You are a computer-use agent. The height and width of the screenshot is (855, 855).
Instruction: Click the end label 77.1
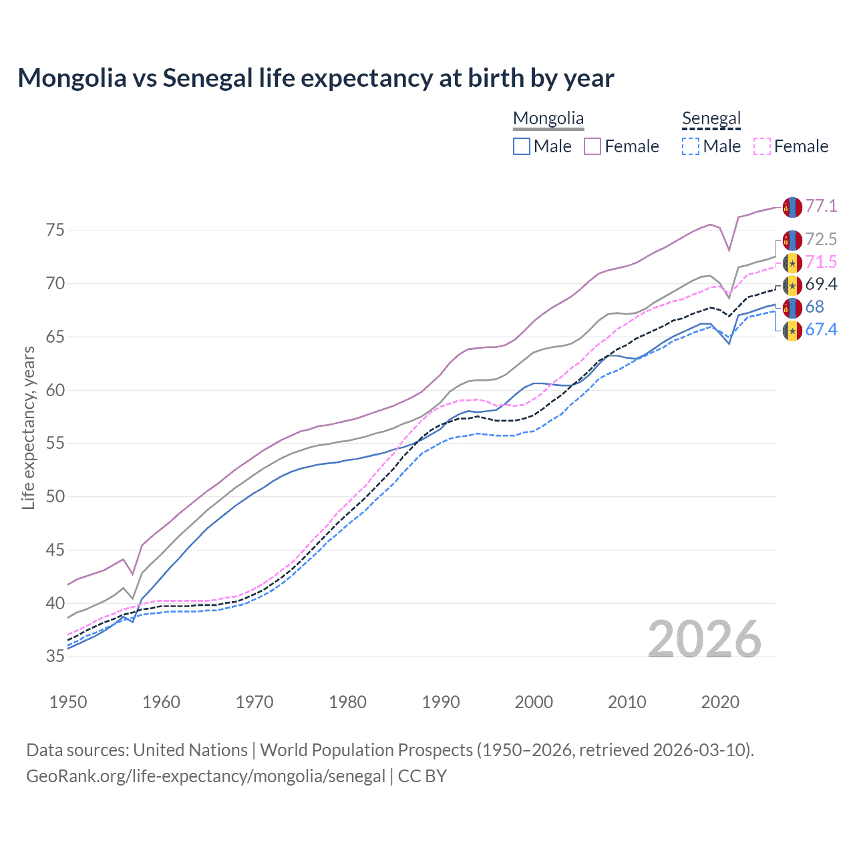click(821, 206)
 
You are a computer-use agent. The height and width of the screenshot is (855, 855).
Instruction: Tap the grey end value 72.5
click(821, 239)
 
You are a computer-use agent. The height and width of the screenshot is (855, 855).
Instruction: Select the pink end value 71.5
click(821, 262)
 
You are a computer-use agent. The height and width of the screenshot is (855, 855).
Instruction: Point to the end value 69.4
click(821, 285)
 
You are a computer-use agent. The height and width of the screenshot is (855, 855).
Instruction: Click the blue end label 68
click(814, 307)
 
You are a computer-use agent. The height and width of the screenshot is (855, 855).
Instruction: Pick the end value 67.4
click(821, 330)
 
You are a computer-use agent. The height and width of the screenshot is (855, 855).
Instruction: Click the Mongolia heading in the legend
click(548, 118)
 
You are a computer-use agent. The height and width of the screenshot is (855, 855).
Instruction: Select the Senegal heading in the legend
click(711, 118)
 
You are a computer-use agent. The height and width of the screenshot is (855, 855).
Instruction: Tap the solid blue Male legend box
click(522, 146)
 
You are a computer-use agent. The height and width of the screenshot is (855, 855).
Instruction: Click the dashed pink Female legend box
click(761, 146)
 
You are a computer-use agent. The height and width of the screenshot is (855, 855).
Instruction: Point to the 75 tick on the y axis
click(55, 230)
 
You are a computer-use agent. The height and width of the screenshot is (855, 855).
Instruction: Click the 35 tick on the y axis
click(55, 657)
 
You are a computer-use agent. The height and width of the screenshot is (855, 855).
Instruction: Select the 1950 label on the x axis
click(68, 702)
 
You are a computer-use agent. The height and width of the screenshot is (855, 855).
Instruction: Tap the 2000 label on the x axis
click(534, 702)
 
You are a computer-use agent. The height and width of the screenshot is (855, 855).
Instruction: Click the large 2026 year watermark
click(705, 639)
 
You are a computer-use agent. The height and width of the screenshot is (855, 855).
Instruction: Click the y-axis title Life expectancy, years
click(28, 427)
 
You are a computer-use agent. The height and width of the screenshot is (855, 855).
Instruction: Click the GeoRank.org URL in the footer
click(206, 776)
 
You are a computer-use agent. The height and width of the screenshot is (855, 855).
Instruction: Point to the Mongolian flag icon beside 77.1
click(792, 207)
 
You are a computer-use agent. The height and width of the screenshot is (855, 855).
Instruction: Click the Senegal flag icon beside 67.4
click(792, 331)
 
